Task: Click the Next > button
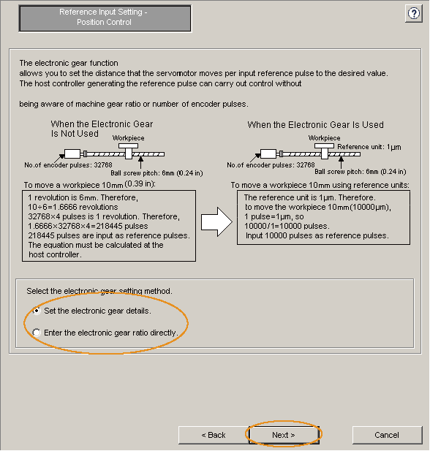[x=284, y=435]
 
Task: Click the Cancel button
[x=387, y=435]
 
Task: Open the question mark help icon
[x=414, y=13]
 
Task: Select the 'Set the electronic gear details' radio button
[x=37, y=311]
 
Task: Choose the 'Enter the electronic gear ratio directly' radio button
[x=37, y=333]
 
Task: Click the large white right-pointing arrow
[x=216, y=222]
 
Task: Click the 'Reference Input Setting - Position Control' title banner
[x=105, y=18]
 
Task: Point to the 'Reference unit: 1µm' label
[x=369, y=147]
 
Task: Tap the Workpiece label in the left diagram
[x=129, y=138]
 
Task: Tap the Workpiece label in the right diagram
[x=325, y=138]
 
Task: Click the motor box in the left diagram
[x=72, y=154]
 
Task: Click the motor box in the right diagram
[x=268, y=154]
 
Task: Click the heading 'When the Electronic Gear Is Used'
[x=315, y=125]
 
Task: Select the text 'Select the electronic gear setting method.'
[x=99, y=291]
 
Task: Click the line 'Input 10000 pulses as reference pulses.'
[x=317, y=235]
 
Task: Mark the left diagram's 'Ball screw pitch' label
[x=156, y=173]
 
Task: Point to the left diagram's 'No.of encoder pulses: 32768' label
[x=68, y=165]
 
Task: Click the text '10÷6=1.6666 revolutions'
[x=73, y=207]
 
